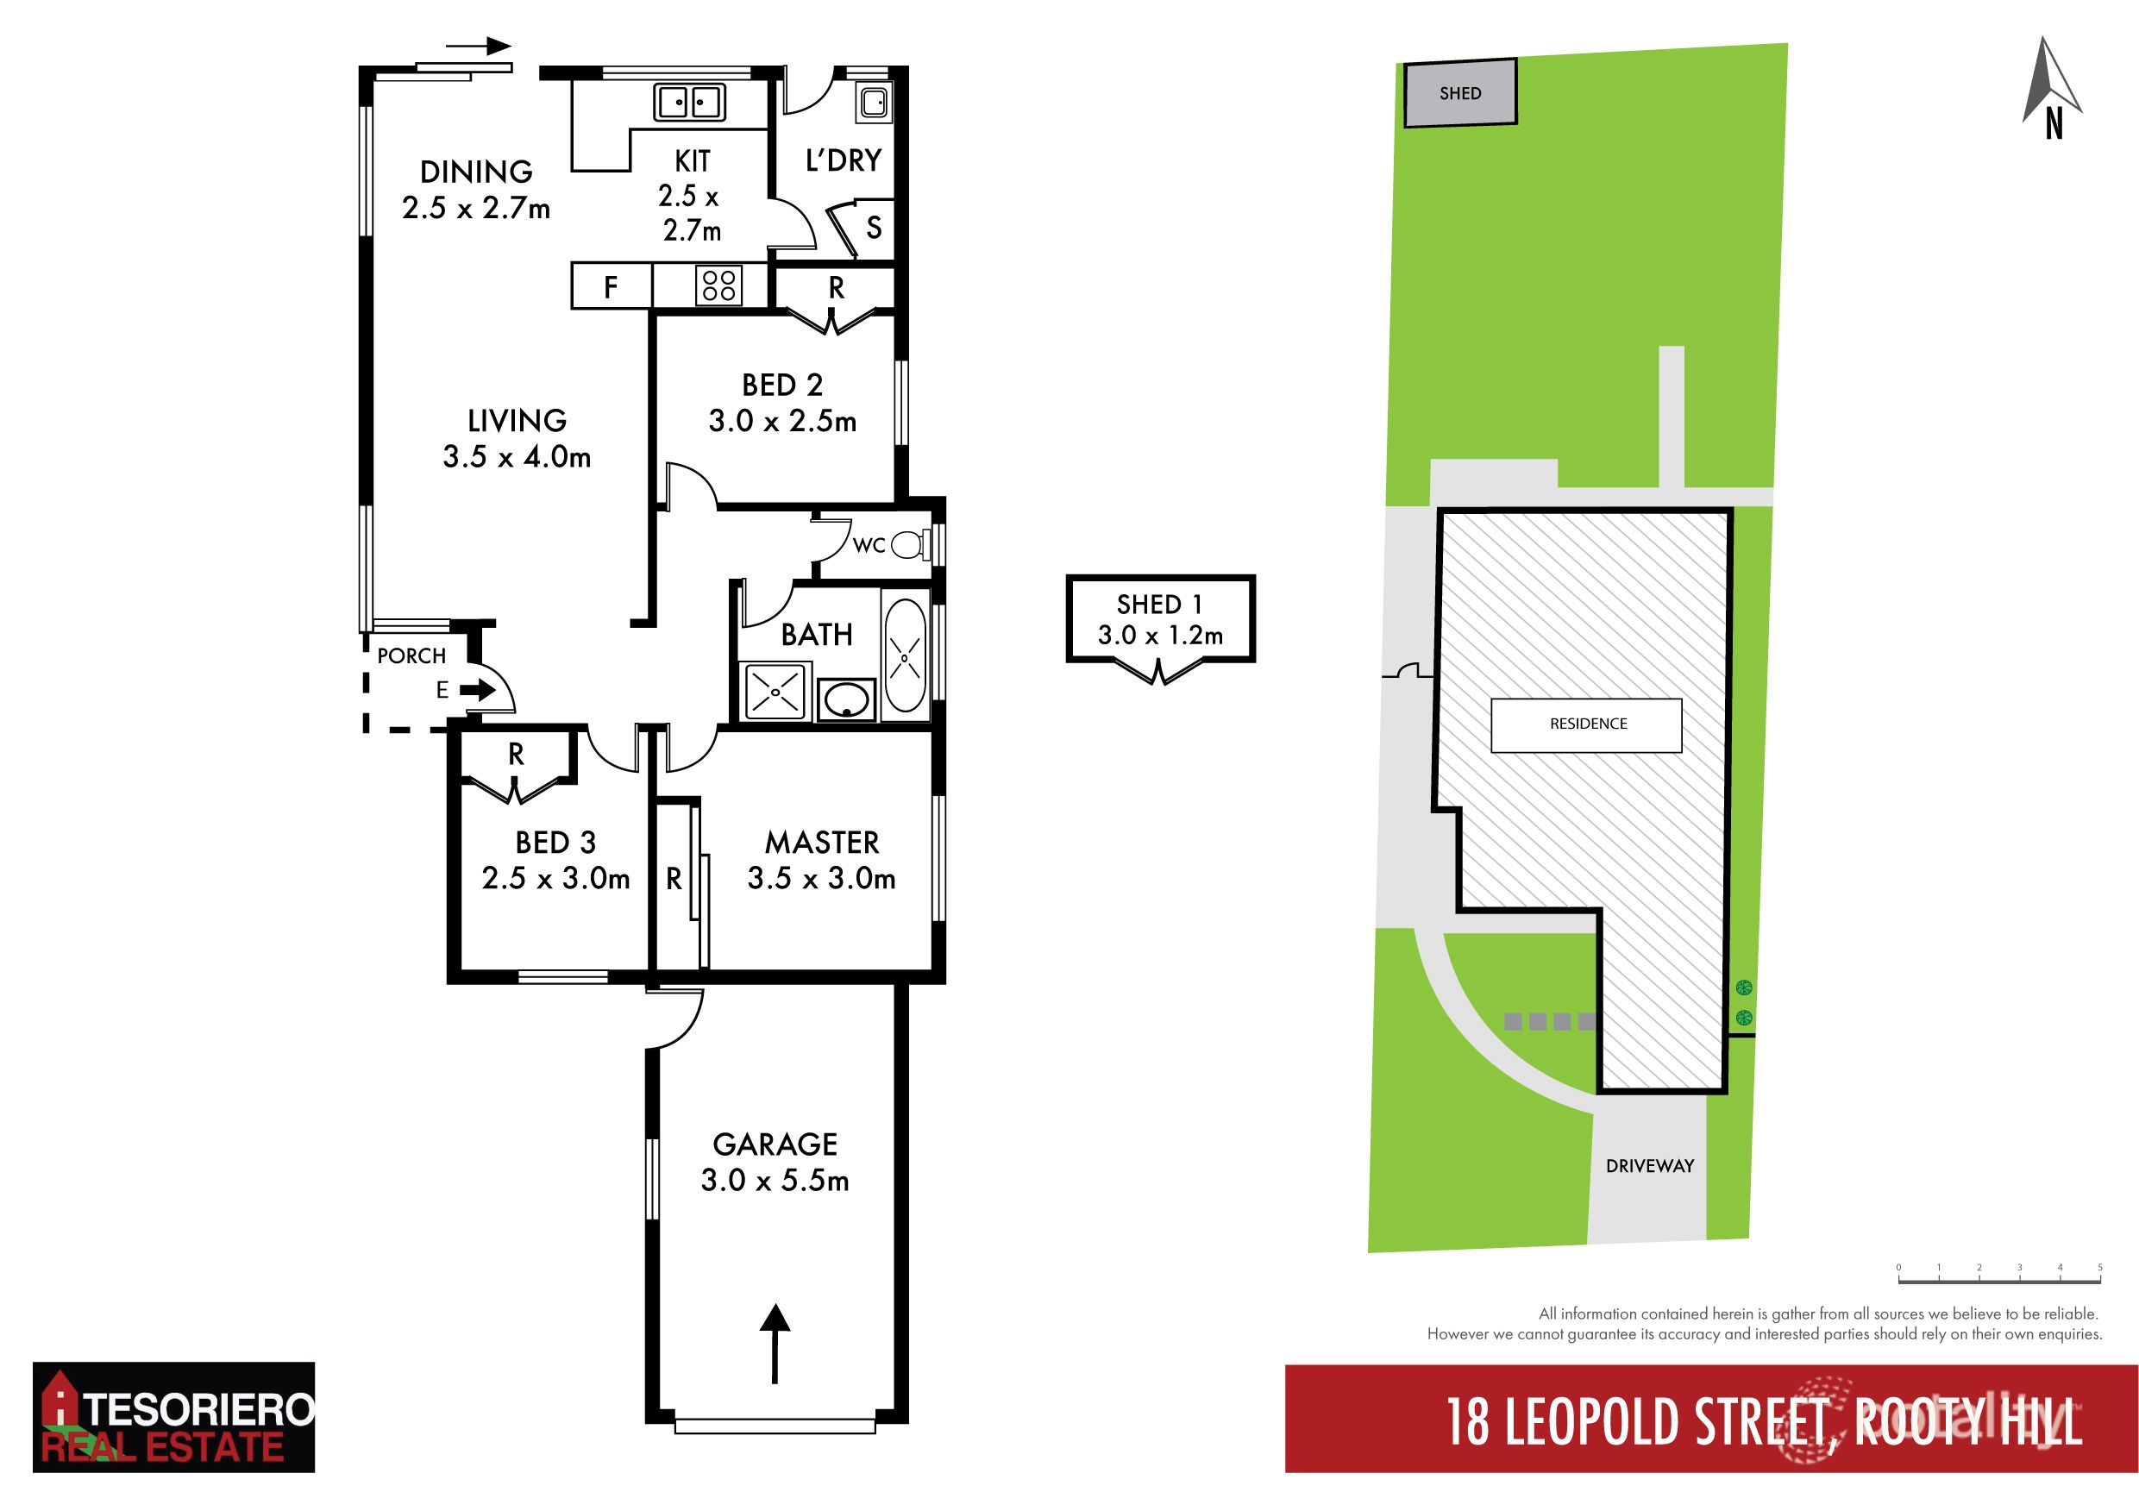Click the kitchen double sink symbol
(689, 102)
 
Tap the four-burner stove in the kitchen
(719, 285)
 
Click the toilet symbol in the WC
(907, 545)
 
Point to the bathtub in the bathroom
(905, 655)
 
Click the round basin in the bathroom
(846, 699)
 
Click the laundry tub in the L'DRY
(874, 102)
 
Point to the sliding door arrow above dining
(479, 46)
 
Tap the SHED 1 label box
(1160, 619)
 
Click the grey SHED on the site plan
(1460, 93)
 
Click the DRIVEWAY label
(1649, 1165)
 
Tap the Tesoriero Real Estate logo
(173, 1416)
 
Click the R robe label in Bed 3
(516, 755)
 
